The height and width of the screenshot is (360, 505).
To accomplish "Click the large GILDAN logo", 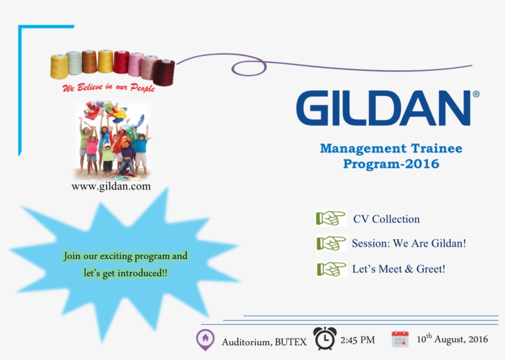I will click(382, 108).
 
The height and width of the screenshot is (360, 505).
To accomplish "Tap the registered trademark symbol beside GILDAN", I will click(475, 95).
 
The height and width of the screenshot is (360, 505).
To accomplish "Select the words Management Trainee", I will click(391, 148).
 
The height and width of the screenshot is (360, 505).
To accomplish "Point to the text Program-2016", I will click(391, 164).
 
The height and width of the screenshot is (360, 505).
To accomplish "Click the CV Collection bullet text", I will click(386, 219).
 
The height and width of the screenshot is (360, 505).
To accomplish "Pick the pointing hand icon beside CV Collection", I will click(331, 218).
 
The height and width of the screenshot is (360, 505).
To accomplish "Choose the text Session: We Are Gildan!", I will click(408, 244).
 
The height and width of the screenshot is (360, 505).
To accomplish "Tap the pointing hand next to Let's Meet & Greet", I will click(331, 269).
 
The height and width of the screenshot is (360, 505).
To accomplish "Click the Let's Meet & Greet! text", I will click(398, 269).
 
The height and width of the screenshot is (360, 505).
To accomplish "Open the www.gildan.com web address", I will click(111, 186).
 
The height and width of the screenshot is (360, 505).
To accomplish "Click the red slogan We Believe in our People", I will click(109, 88).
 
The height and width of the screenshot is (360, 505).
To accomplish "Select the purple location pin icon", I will click(204, 339).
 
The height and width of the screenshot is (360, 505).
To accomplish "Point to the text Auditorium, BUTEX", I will click(264, 342).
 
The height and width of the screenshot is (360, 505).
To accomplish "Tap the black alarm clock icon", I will click(325, 338).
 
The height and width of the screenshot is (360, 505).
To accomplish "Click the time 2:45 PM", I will click(357, 340).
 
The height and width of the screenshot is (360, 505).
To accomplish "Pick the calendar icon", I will click(400, 339).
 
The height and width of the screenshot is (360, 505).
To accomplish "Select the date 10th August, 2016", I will click(452, 339).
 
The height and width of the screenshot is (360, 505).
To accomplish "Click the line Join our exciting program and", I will click(126, 256).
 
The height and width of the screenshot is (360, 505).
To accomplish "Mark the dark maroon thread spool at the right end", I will click(164, 71).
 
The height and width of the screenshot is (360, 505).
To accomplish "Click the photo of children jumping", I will click(113, 140).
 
